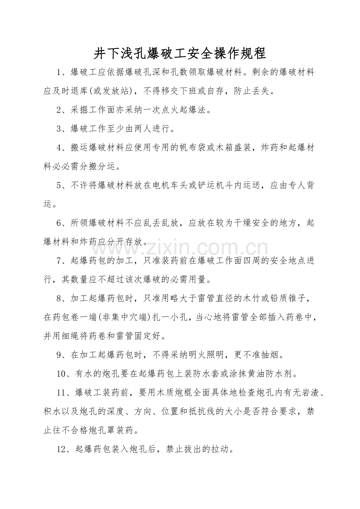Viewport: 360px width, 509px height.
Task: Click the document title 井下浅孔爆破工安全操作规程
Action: click(180, 53)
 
